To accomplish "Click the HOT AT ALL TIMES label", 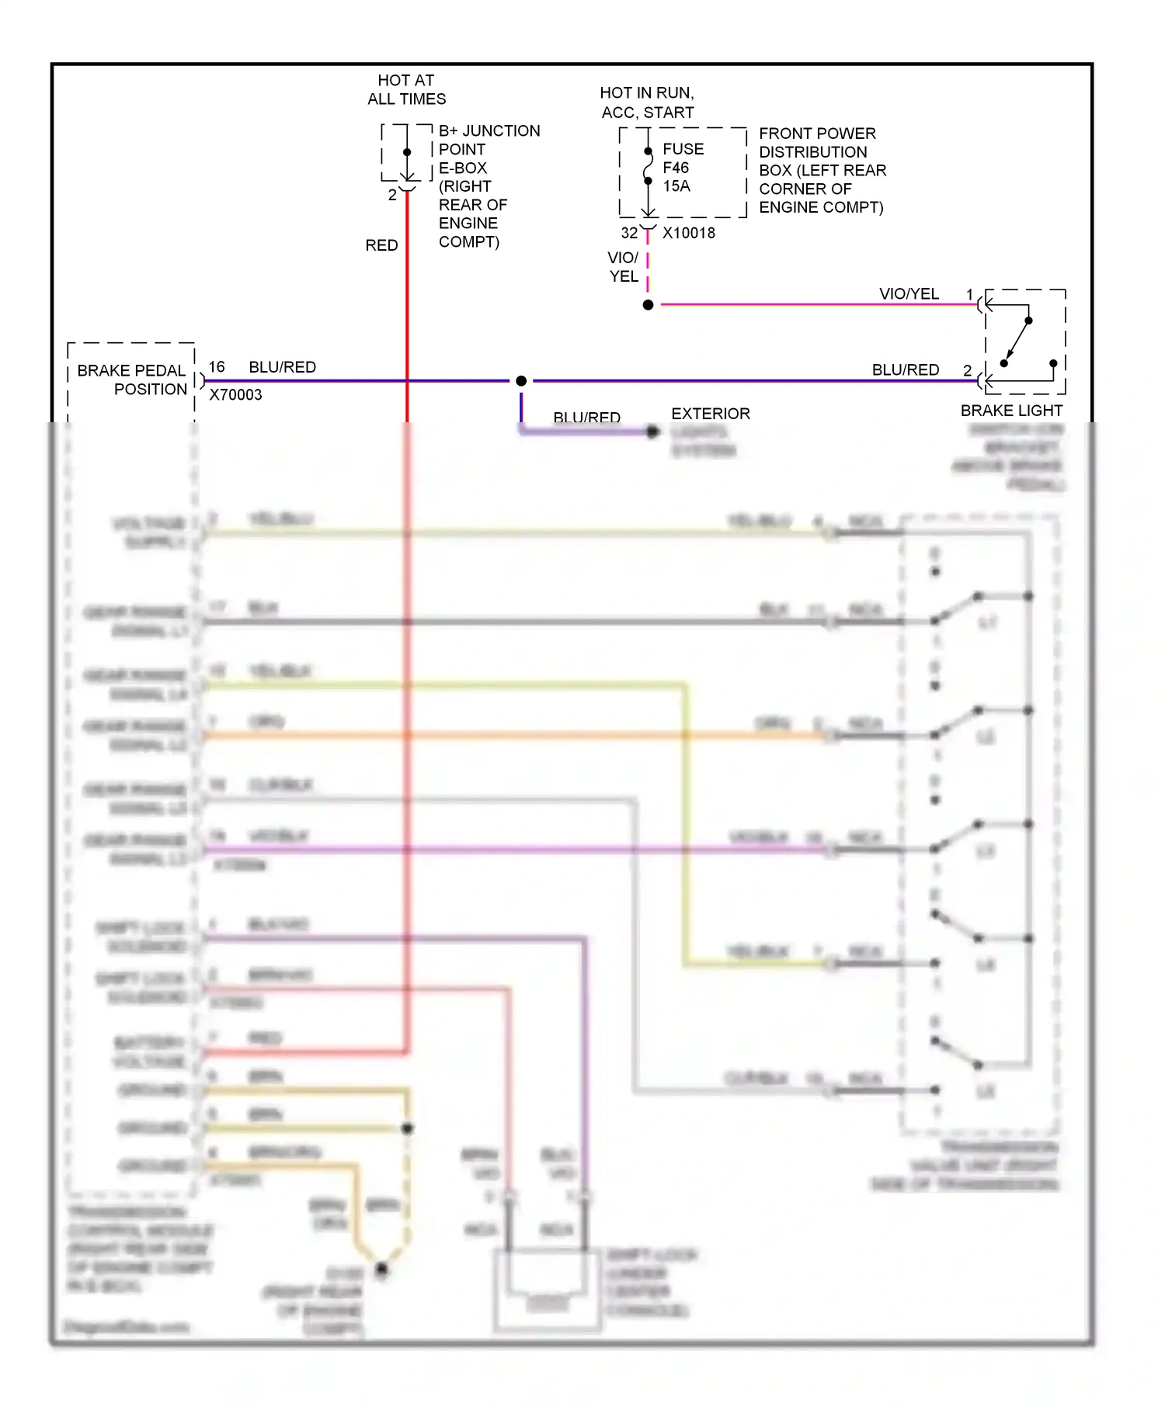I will (406, 89).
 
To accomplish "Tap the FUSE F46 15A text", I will (683, 167).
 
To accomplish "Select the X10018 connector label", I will (688, 233).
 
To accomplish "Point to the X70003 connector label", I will (235, 394).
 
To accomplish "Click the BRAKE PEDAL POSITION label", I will (131, 380).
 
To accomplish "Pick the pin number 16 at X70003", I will (217, 366).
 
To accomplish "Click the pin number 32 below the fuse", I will (629, 233).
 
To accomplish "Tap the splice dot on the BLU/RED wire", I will (521, 380).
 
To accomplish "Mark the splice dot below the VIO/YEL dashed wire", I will (648, 305).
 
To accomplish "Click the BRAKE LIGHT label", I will (1011, 411).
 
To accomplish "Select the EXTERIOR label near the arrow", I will (711, 414).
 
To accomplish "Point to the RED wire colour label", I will (381, 245).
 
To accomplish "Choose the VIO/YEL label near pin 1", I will (909, 293).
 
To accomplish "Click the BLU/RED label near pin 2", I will (905, 369).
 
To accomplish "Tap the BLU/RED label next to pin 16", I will (282, 366).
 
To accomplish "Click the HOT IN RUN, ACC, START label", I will (647, 102).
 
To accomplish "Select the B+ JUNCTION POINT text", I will (489, 140).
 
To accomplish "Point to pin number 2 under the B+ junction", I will (392, 195).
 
